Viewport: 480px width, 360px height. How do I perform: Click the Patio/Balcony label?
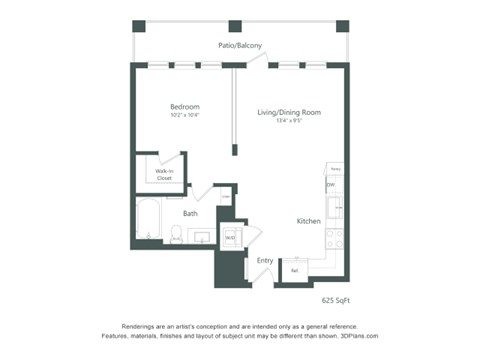[240, 45]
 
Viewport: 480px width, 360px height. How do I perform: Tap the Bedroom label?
[184, 107]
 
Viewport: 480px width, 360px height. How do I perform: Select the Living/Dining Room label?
[280, 112]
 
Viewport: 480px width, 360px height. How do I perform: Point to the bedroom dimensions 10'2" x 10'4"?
[184, 116]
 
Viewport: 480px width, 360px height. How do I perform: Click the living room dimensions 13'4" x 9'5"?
[280, 121]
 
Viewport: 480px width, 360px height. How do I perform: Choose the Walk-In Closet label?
[163, 175]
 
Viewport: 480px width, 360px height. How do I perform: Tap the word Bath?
[189, 213]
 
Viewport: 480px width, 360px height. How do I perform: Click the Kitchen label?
[308, 221]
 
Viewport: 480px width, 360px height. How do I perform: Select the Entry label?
[265, 261]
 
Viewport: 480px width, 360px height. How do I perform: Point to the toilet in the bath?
[176, 236]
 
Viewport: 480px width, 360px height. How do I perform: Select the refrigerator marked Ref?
[294, 271]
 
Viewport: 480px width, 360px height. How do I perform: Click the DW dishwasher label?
[331, 185]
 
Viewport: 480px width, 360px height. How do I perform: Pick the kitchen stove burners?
[334, 239]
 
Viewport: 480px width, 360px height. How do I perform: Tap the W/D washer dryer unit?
[229, 238]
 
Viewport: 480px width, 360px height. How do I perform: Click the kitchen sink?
[335, 209]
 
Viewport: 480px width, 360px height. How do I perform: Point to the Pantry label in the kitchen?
[335, 169]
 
